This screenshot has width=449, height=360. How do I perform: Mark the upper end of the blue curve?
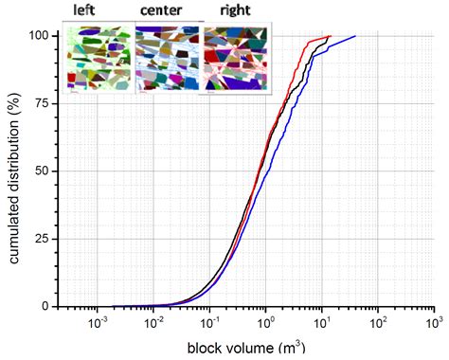pyautogui.click(x=355, y=36)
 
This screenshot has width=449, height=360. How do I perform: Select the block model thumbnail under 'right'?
pyautogui.click(x=237, y=59)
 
